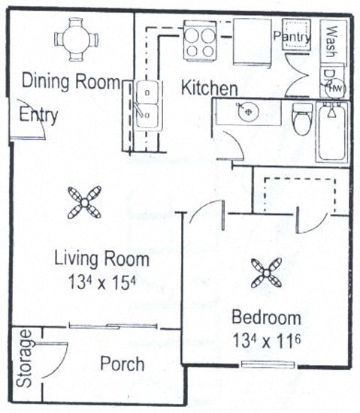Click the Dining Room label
(x=70, y=81)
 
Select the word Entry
(x=39, y=116)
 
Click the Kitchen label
(x=210, y=88)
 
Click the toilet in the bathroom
(x=302, y=119)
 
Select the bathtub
(x=332, y=133)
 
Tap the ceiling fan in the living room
(x=84, y=202)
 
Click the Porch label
(x=122, y=363)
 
